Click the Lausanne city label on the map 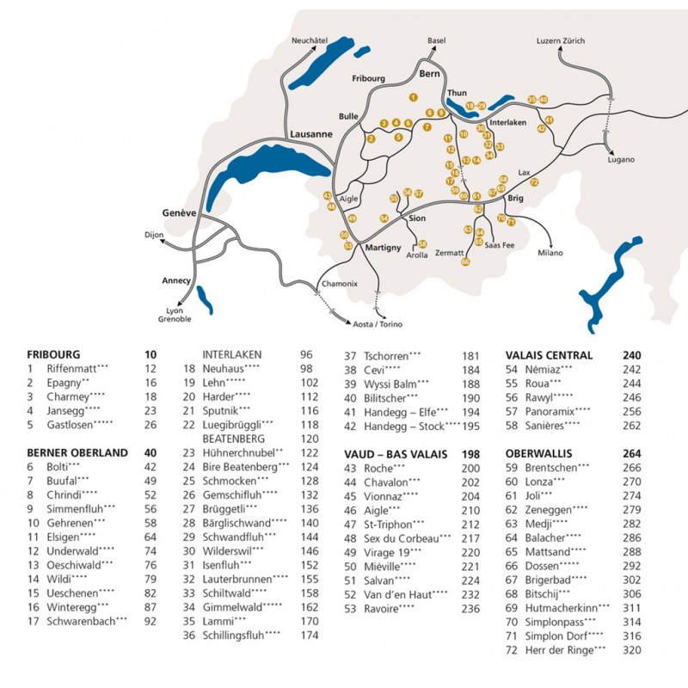(x=311, y=134)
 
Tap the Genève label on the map (x=180, y=212)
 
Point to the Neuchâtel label (x=310, y=41)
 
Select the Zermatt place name (x=449, y=253)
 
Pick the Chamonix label (x=338, y=284)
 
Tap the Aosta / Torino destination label (x=378, y=324)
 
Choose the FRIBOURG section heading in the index (x=53, y=354)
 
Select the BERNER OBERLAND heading (x=77, y=452)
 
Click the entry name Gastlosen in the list (x=71, y=424)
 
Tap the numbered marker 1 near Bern (x=414, y=98)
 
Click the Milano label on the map (x=550, y=253)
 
